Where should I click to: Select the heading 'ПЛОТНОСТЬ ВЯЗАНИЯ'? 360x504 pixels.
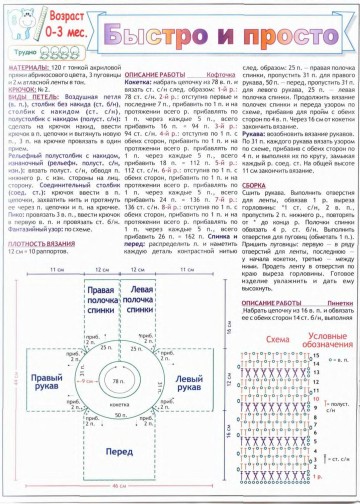pos(40,243)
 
